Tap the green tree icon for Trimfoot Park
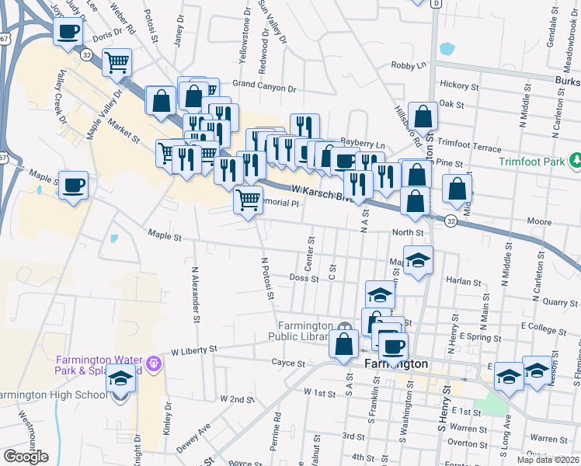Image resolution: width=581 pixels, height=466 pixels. (x=576, y=162)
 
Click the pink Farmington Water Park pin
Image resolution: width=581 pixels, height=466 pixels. (x=154, y=363)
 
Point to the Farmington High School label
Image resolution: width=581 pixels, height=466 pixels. (x=53, y=395)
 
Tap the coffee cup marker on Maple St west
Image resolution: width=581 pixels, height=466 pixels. (x=74, y=186)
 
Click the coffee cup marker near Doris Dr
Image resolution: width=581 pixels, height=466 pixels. (x=68, y=32)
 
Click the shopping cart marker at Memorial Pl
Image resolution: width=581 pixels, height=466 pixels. (x=248, y=200)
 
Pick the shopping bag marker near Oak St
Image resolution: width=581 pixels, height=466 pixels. (x=423, y=116)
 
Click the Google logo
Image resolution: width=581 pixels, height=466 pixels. (x=26, y=457)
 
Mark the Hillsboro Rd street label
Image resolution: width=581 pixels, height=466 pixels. (x=406, y=126)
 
